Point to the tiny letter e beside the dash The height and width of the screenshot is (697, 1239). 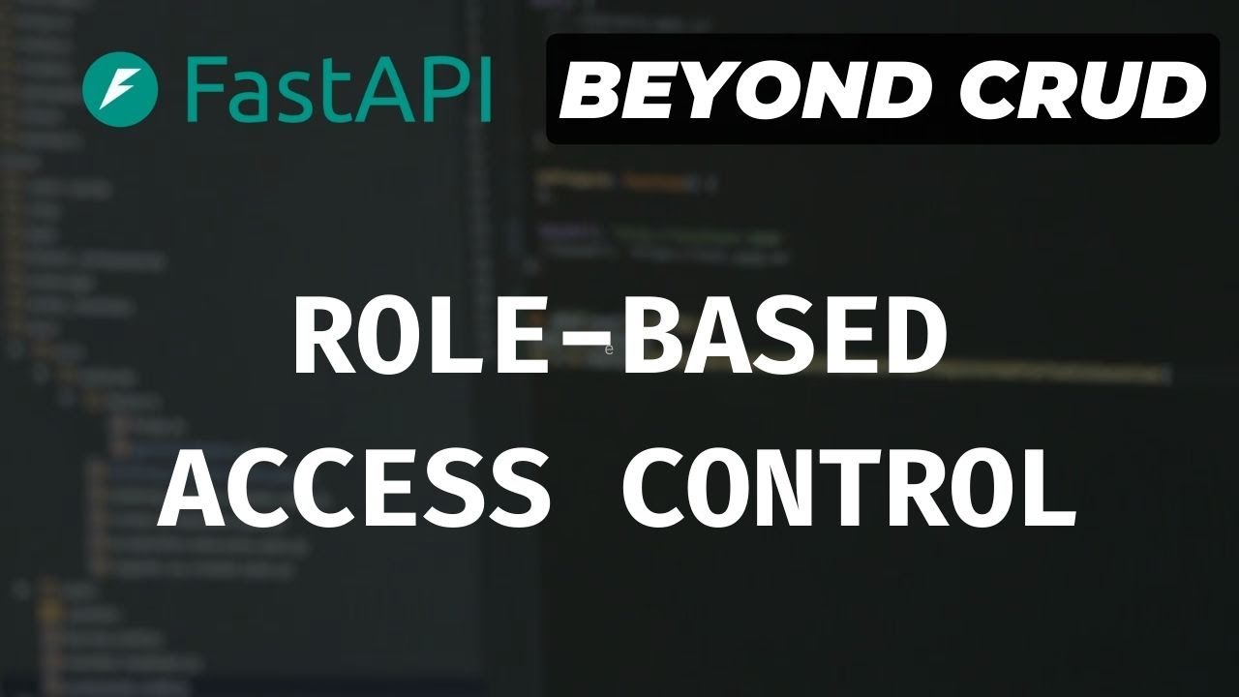pos(609,349)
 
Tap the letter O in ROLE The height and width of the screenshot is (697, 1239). pos(385,337)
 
